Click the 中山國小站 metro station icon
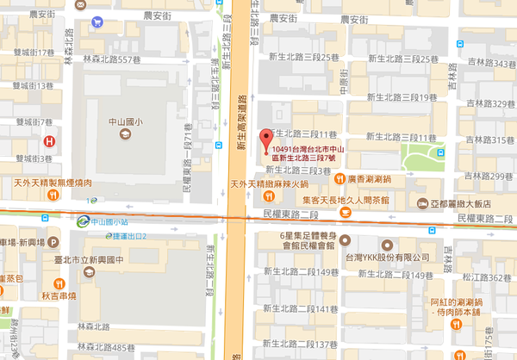(x=82, y=220)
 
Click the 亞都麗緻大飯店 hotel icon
(x=421, y=203)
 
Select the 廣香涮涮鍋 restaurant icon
(x=339, y=178)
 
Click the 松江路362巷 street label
(x=489, y=277)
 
